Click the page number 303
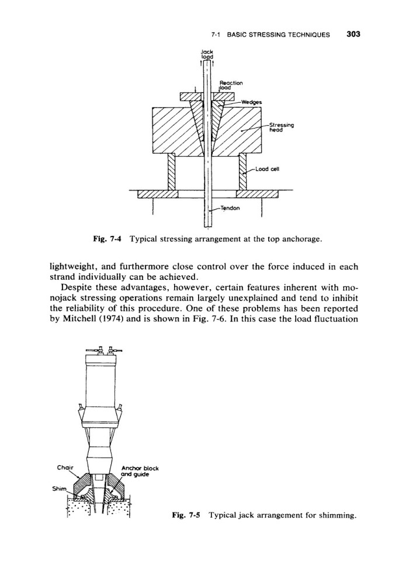[x=353, y=33]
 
